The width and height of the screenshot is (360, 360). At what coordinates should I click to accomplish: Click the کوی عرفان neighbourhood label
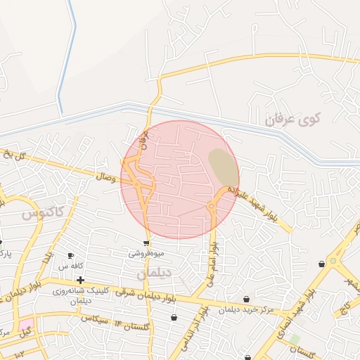pos(292,120)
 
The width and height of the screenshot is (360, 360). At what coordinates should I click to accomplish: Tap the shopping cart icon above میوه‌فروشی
pos(146,243)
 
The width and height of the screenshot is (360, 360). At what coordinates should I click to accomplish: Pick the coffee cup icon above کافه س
pos(70,256)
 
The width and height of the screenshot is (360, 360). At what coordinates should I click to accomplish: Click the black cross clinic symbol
pos(82,280)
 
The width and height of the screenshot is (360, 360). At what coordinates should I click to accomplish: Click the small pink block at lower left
pos(26,326)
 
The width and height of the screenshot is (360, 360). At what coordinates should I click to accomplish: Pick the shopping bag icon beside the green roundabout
pos(321,264)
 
